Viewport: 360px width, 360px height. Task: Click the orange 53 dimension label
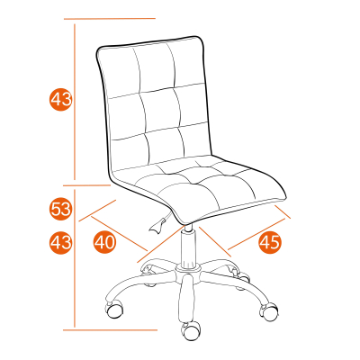point(60,209)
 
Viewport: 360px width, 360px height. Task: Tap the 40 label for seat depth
point(104,242)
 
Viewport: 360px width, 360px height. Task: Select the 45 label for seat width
point(270,242)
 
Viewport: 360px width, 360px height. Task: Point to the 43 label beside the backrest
point(60,99)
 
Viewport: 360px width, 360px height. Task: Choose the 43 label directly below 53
point(60,242)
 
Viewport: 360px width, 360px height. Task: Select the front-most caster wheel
point(191,331)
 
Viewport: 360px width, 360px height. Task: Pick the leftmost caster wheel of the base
point(114,309)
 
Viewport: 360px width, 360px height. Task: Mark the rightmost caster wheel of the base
point(269,312)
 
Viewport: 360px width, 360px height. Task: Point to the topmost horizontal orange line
point(110,19)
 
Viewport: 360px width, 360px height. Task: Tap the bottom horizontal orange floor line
point(110,330)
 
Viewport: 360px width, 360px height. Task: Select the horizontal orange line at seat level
point(87,185)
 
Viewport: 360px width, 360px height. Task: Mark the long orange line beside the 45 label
point(256,234)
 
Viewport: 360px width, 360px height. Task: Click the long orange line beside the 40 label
point(119,233)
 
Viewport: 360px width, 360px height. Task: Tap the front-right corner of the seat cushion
point(285,198)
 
